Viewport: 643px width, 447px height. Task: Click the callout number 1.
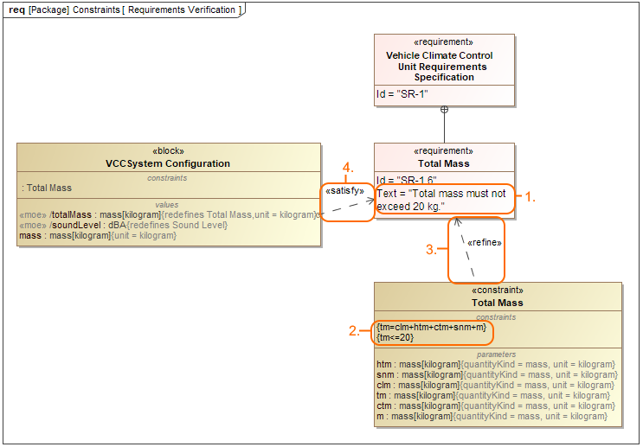[x=531, y=198]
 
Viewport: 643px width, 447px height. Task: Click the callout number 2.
[x=353, y=331]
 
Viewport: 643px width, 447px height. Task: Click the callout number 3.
[x=430, y=250]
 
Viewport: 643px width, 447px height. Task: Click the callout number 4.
[x=347, y=167]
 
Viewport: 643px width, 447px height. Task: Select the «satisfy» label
[x=345, y=190]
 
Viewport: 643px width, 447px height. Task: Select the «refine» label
[x=483, y=243]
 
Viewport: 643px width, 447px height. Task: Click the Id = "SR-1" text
[x=402, y=94]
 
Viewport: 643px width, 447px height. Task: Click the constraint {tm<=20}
[x=395, y=337]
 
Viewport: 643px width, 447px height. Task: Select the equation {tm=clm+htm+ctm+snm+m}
[x=432, y=327]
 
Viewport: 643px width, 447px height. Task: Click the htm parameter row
[x=497, y=364]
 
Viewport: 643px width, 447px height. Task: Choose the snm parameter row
[x=498, y=374]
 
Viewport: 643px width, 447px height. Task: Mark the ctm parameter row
[x=497, y=405]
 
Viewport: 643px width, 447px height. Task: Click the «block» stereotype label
[x=168, y=150]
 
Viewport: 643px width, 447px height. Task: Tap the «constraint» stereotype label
[x=498, y=291]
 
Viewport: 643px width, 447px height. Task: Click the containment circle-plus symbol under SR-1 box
[x=444, y=110]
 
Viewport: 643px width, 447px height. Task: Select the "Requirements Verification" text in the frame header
[x=181, y=10]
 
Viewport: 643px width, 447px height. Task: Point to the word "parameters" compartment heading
[x=497, y=354]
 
